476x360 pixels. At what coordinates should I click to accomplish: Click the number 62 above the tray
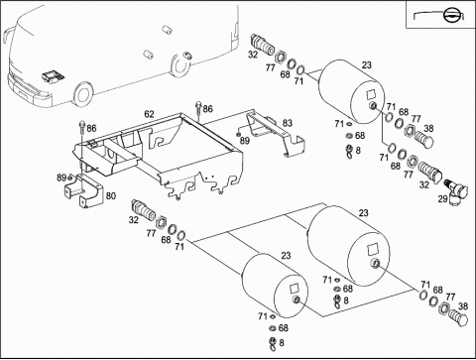(x=149, y=114)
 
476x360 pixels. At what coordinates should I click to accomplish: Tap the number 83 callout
(x=288, y=123)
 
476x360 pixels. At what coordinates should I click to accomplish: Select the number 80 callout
(x=111, y=196)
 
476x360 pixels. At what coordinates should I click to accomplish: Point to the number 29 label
(x=442, y=198)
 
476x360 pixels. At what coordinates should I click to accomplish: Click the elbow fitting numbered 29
(x=457, y=191)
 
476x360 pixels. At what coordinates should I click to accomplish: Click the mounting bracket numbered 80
(x=84, y=191)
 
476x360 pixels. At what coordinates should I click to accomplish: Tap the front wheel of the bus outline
(x=82, y=94)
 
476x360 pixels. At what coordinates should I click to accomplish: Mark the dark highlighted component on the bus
(x=53, y=76)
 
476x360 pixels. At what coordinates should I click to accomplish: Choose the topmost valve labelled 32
(x=263, y=44)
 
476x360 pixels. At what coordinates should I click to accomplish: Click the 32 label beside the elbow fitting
(x=424, y=185)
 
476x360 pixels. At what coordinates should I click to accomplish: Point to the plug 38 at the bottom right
(x=459, y=317)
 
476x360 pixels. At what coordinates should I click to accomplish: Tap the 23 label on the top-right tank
(x=367, y=65)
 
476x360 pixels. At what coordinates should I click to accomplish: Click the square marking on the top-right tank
(x=372, y=94)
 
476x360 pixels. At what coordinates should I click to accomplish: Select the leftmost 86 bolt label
(x=91, y=128)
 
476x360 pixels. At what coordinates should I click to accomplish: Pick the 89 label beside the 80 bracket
(x=61, y=178)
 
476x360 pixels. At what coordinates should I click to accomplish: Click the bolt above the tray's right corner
(x=198, y=110)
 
